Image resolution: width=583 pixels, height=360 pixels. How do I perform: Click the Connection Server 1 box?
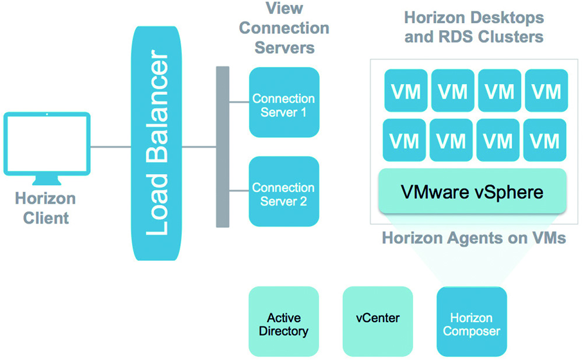[x=284, y=102]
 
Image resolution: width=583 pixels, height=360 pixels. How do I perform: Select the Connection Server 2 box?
[x=284, y=191]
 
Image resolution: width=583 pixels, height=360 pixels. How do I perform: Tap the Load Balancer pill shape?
[x=156, y=144]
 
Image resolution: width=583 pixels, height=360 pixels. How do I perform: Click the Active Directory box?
[x=284, y=321]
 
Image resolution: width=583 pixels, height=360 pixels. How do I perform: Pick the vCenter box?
[x=378, y=321]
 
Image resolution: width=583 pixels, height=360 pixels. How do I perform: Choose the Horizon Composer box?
[x=472, y=321]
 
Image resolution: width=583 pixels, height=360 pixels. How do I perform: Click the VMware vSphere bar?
[x=472, y=191]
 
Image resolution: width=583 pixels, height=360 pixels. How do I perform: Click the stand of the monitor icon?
[x=47, y=180]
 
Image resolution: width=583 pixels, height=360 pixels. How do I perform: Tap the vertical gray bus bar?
[x=223, y=146]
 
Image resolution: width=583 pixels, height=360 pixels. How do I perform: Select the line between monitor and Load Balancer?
[x=111, y=146]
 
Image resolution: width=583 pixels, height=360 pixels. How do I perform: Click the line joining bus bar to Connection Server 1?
[x=239, y=102]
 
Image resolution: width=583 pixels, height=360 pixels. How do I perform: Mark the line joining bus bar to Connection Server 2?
[x=239, y=191]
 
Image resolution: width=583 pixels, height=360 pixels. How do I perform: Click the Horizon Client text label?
[x=45, y=208]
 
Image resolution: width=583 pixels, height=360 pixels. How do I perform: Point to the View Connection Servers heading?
[x=285, y=28]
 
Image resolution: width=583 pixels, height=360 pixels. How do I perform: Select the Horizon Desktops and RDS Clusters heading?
[x=474, y=27]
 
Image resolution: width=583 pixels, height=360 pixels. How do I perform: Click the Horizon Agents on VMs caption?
[x=474, y=238]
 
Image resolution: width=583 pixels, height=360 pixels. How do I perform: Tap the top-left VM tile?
[x=406, y=90]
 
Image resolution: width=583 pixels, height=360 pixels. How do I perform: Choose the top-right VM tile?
[x=547, y=90]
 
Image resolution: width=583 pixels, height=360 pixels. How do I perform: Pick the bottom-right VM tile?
[x=545, y=140]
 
